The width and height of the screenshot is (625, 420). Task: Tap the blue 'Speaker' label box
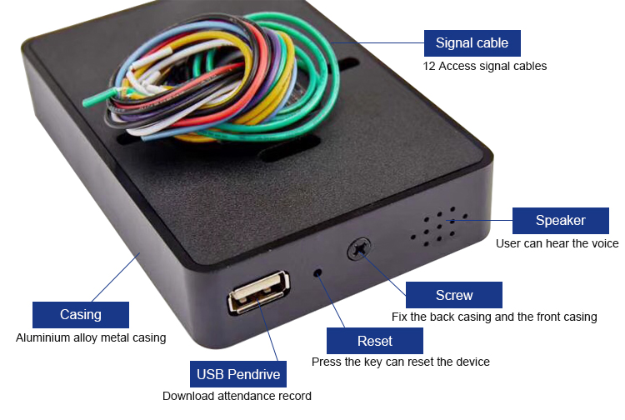(x=560, y=221)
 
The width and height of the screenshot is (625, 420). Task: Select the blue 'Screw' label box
(x=453, y=295)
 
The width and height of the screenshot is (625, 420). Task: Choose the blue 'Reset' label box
(x=374, y=341)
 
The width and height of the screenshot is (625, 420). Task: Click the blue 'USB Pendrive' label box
(x=237, y=373)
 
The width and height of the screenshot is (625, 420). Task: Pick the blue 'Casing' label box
(x=80, y=315)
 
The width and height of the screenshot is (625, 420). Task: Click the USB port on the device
(x=257, y=293)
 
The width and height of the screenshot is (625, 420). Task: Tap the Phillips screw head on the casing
(x=359, y=248)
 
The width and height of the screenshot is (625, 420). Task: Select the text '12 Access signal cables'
(x=485, y=66)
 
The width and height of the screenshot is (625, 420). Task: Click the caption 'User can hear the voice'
(x=557, y=243)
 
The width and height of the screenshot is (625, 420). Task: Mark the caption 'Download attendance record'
(x=237, y=396)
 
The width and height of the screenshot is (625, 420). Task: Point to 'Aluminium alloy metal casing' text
(x=91, y=337)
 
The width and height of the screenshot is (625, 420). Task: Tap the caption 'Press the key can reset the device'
(x=400, y=362)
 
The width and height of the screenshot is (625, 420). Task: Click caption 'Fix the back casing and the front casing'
(x=494, y=317)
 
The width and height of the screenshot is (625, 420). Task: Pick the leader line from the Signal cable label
(x=375, y=43)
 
